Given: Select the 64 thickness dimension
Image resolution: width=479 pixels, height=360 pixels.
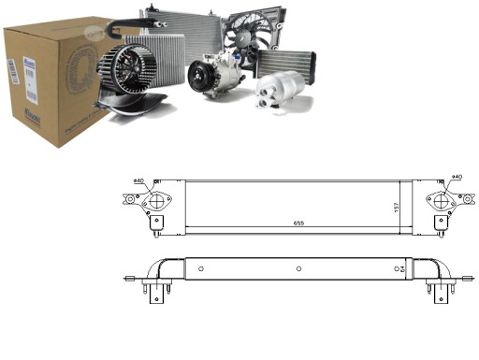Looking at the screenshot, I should [399, 269].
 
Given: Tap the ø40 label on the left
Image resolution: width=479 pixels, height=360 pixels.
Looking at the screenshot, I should [138, 180].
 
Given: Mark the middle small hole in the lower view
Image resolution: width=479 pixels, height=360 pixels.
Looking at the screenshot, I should [298, 269].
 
